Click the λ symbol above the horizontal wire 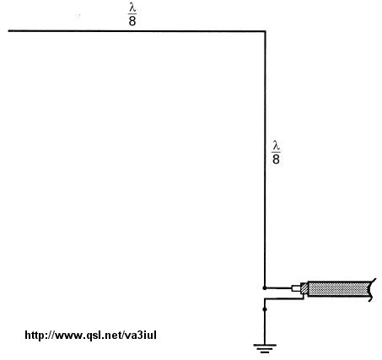coord(132,8)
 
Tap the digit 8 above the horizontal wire coord(132,21)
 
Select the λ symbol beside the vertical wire coord(276,147)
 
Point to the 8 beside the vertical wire coord(276,159)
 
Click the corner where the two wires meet coord(265,31)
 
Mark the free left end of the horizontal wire coord(8,31)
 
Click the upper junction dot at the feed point coord(265,287)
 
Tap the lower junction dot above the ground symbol coord(265,309)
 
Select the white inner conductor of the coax coord(296,288)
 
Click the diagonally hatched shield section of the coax coord(304,288)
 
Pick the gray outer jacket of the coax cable coord(339,288)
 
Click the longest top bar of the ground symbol coord(265,346)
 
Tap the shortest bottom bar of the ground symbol coord(265,352)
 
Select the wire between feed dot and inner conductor coord(278,288)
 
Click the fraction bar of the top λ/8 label coord(132,14)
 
